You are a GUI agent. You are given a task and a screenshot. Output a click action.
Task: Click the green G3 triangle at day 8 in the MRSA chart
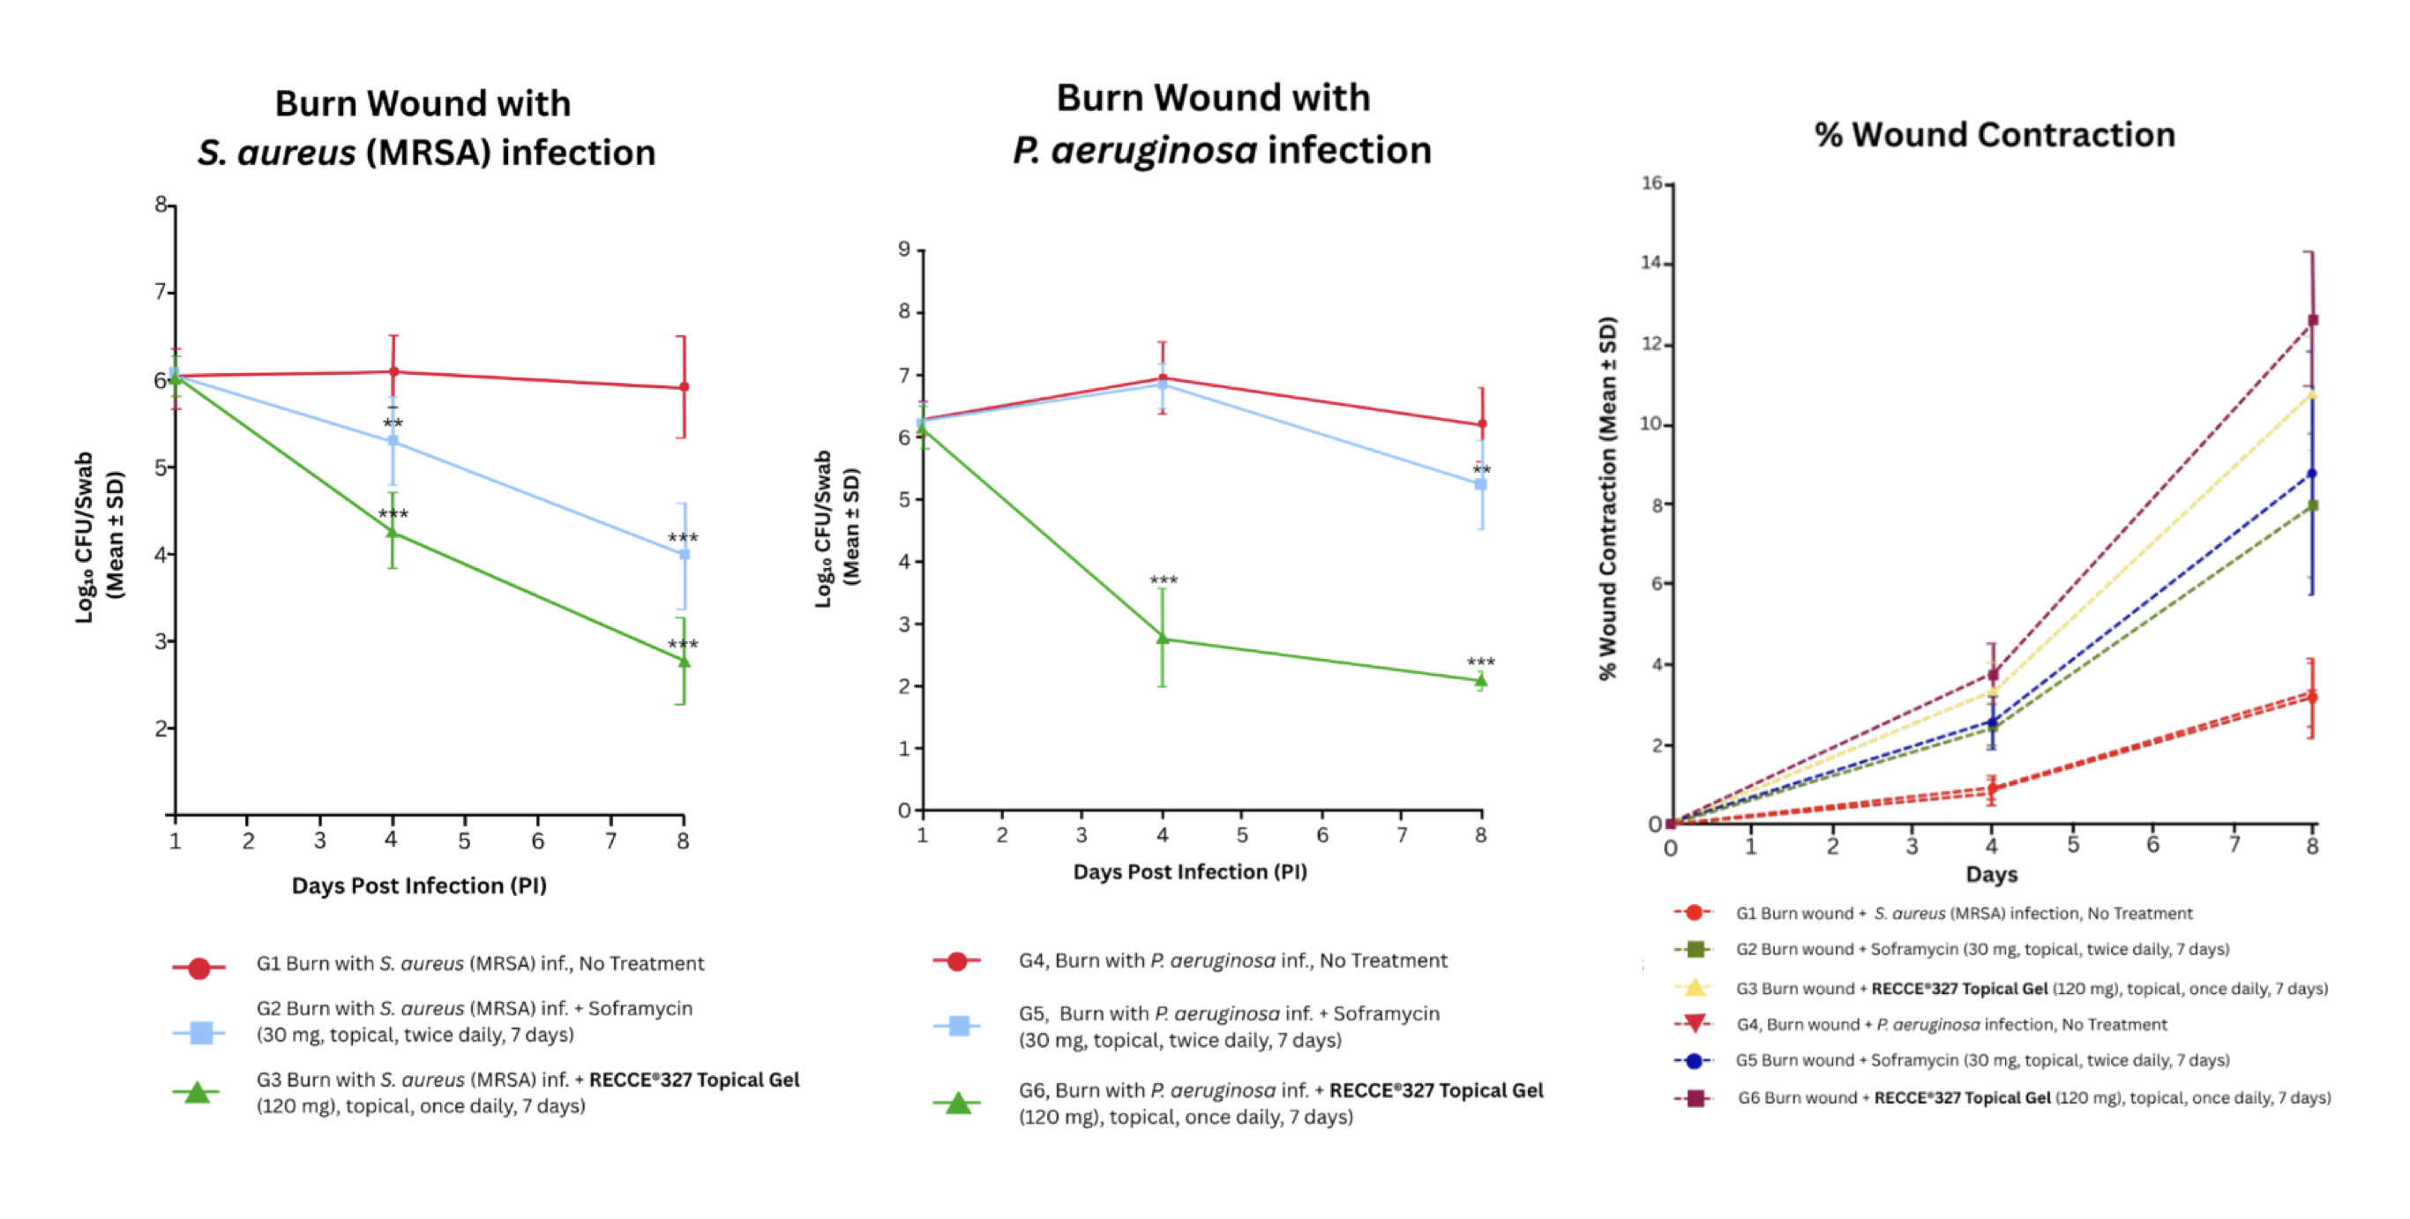click(x=683, y=662)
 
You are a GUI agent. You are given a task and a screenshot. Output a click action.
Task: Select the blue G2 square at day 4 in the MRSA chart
click(x=393, y=439)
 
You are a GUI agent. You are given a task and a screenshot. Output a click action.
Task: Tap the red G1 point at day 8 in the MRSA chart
click(x=684, y=386)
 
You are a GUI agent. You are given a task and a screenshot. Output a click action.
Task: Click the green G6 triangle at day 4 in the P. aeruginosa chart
click(x=1163, y=638)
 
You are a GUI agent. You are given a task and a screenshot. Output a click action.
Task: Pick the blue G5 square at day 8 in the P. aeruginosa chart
click(x=1481, y=483)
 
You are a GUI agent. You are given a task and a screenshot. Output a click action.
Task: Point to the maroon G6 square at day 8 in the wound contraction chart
click(x=2313, y=320)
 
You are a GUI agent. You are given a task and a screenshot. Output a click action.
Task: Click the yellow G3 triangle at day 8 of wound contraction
click(x=2312, y=395)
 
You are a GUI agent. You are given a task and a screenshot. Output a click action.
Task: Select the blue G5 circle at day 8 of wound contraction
click(x=2312, y=474)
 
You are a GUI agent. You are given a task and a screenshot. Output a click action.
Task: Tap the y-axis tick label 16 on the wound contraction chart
click(x=1651, y=183)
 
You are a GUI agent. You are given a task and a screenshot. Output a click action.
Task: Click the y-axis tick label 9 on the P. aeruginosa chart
click(x=903, y=249)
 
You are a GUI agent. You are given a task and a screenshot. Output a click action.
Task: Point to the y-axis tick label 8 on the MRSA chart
click(x=161, y=204)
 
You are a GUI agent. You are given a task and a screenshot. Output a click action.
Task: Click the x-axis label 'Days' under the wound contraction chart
click(x=1992, y=874)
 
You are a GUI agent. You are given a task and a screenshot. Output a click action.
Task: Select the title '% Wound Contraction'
click(x=1995, y=135)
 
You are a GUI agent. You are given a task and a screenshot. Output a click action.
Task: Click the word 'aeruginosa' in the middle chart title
click(x=1155, y=151)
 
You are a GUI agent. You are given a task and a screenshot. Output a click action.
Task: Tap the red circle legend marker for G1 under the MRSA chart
click(x=198, y=968)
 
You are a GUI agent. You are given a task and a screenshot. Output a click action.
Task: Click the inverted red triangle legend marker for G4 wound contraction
click(x=1695, y=1023)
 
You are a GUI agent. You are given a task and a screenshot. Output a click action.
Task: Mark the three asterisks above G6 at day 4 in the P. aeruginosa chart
click(x=1164, y=580)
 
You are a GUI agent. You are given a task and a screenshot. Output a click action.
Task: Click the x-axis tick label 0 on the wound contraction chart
click(x=1671, y=848)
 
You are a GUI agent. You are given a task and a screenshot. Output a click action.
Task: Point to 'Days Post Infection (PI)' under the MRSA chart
click(x=419, y=886)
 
